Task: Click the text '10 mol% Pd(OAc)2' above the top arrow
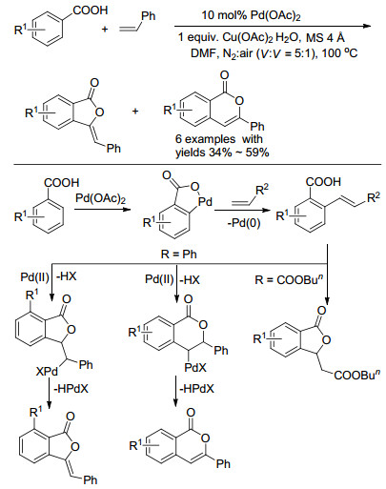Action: pyautogui.click(x=251, y=15)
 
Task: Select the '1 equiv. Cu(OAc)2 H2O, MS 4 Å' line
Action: pyautogui.click(x=261, y=38)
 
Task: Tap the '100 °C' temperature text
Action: pyautogui.click(x=339, y=53)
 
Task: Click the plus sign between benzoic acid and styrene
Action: pyautogui.click(x=105, y=30)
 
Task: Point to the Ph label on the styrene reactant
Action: pyautogui.click(x=149, y=16)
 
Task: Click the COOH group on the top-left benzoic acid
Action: pyautogui.click(x=91, y=10)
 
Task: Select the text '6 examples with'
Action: pyautogui.click(x=219, y=139)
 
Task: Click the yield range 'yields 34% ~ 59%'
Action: pyautogui.click(x=222, y=153)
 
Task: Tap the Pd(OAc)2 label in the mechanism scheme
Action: pyautogui.click(x=100, y=198)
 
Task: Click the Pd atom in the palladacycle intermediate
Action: pyautogui.click(x=205, y=201)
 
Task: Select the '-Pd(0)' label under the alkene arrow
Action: pyautogui.click(x=244, y=223)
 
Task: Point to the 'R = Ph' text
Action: pyautogui.click(x=179, y=255)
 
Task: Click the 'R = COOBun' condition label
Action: pyautogui.click(x=289, y=279)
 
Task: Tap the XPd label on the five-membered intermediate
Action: pyautogui.click(x=48, y=372)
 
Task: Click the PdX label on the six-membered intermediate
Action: pyautogui.click(x=195, y=368)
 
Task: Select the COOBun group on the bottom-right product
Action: pyautogui.click(x=356, y=376)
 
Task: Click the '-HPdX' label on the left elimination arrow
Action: pyautogui.click(x=71, y=388)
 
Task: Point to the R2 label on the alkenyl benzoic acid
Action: pyautogui.click(x=374, y=197)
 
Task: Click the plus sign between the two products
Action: pyautogui.click(x=135, y=112)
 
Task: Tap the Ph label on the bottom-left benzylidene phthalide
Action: pyautogui.click(x=91, y=479)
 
